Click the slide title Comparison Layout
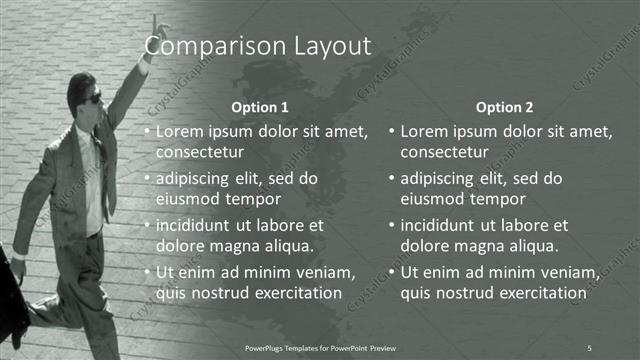tap(258, 46)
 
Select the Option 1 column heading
tap(260, 106)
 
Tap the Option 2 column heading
tap(504, 106)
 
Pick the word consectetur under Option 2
tap(445, 152)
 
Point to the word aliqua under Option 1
tap(289, 245)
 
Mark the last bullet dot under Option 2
tap(391, 273)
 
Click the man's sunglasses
tap(93, 98)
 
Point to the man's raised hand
tap(155, 24)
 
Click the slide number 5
tap(589, 347)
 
